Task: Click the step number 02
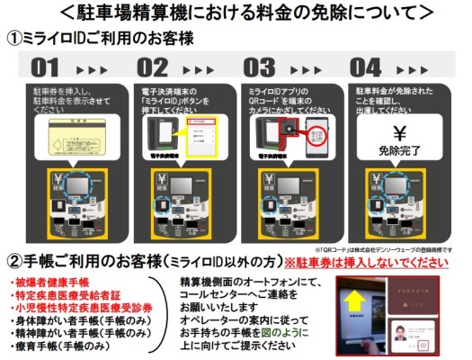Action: [x=152, y=67]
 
